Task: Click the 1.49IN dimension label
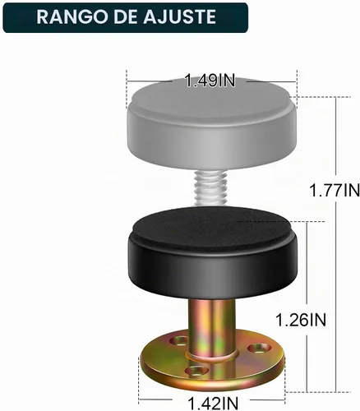[x=210, y=81]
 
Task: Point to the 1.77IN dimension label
[x=335, y=190]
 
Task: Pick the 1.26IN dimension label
[x=301, y=320]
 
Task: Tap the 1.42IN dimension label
[x=213, y=404]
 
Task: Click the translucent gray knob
[x=211, y=122]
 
